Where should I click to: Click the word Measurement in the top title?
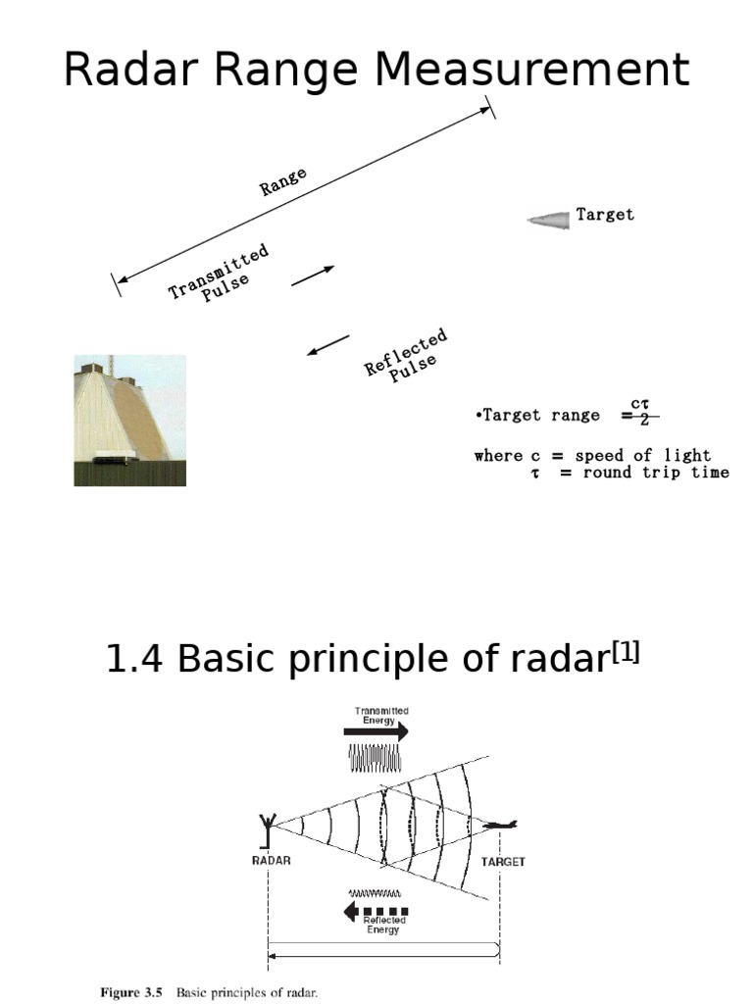click(x=533, y=71)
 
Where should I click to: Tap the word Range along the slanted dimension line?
click(x=283, y=181)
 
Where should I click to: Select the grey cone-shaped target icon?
click(x=549, y=220)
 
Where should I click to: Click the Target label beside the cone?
click(x=605, y=214)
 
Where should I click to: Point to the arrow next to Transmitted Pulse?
click(x=313, y=276)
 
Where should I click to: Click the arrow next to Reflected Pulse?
click(x=327, y=345)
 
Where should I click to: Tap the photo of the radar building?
click(x=129, y=421)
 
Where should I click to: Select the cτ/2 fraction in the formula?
click(x=640, y=413)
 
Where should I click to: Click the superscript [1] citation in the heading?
click(x=625, y=653)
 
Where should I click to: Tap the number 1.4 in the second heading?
click(x=136, y=661)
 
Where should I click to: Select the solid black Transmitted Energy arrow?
click(x=376, y=730)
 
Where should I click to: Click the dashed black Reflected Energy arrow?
click(x=376, y=911)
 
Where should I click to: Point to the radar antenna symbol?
click(x=266, y=828)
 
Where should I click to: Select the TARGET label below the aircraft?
click(x=503, y=862)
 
